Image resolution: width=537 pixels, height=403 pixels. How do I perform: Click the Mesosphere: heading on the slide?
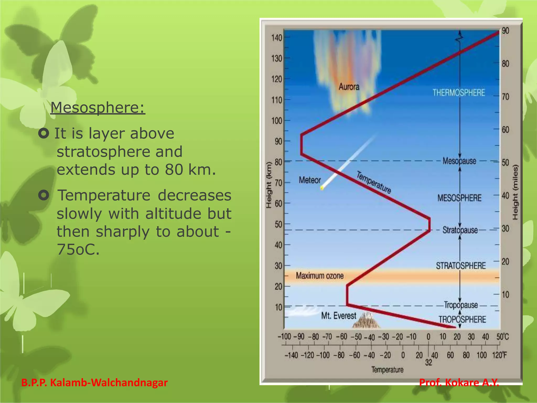tap(98, 108)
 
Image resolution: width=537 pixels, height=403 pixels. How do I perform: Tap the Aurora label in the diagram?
tap(349, 87)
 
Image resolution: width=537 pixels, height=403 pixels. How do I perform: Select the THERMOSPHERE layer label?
tap(459, 93)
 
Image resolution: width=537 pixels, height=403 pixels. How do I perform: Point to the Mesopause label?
tap(459, 161)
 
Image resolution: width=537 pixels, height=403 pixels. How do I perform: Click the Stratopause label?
tap(460, 230)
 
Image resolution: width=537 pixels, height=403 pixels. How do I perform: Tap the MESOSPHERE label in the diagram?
tap(459, 198)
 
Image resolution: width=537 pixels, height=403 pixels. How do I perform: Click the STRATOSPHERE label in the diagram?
tap(461, 266)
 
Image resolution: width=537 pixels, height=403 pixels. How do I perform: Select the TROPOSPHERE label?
tap(462, 320)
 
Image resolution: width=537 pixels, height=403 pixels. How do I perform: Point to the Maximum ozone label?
tap(320, 276)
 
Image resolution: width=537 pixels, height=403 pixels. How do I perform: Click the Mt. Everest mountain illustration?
tap(366, 321)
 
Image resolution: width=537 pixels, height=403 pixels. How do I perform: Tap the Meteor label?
tap(310, 180)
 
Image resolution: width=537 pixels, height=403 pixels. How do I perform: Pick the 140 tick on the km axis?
tap(277, 38)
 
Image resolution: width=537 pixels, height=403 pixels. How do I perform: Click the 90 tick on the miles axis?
tap(505, 31)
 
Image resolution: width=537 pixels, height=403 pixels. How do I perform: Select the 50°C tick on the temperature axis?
tap(502, 337)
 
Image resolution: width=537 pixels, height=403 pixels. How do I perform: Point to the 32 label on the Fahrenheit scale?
tap(428, 363)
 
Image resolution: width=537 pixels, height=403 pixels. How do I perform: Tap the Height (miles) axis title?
tap(515, 192)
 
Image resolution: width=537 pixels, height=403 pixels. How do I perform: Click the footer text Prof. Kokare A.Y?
tap(459, 383)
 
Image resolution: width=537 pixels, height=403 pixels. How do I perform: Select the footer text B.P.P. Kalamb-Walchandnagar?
tap(94, 383)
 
